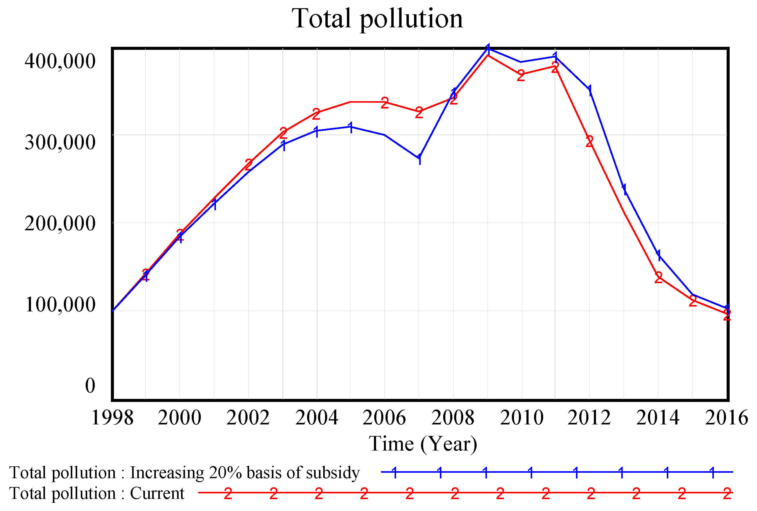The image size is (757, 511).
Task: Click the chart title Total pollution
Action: [377, 19]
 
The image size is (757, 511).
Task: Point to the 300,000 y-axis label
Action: [60, 142]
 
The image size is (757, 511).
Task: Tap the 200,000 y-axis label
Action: [60, 224]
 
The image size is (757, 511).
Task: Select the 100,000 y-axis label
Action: [60, 305]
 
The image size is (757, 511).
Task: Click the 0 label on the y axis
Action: [90, 386]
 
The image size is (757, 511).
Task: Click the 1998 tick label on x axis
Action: [112, 418]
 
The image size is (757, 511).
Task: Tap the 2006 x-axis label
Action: [384, 418]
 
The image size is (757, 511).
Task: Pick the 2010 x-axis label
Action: [522, 418]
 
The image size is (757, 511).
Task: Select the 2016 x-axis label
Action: [726, 418]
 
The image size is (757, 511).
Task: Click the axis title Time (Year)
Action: [423, 444]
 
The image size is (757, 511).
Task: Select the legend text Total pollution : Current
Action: [96, 493]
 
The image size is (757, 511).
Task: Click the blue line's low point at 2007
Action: [419, 158]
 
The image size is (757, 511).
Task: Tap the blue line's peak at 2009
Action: [488, 48]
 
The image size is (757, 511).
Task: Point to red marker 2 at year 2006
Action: [385, 103]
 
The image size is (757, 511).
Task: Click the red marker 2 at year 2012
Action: [589, 142]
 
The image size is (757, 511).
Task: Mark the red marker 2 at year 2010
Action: [521, 76]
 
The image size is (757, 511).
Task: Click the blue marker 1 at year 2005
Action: [351, 127]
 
